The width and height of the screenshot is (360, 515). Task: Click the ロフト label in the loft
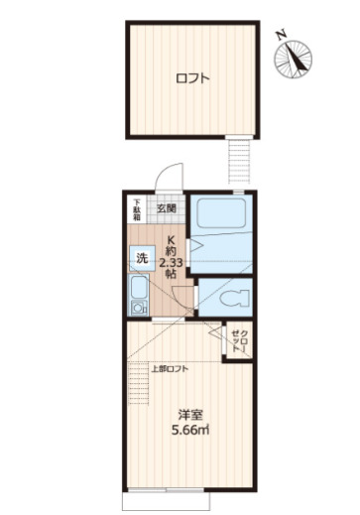[192, 79]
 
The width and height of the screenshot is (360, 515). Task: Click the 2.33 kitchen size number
[170, 261]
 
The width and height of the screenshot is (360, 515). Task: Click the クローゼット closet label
[238, 343]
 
